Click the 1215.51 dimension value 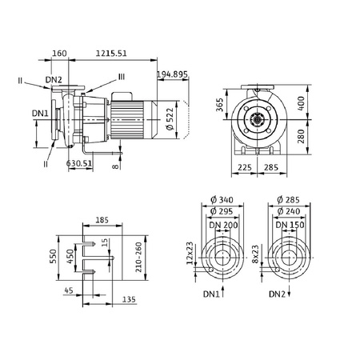111,54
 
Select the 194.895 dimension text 172,74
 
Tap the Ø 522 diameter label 170,119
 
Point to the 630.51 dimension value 79,163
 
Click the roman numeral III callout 122,77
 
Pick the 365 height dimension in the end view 219,105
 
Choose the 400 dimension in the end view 301,104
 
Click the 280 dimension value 301,136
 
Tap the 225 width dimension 245,167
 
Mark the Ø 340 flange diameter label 222,199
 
